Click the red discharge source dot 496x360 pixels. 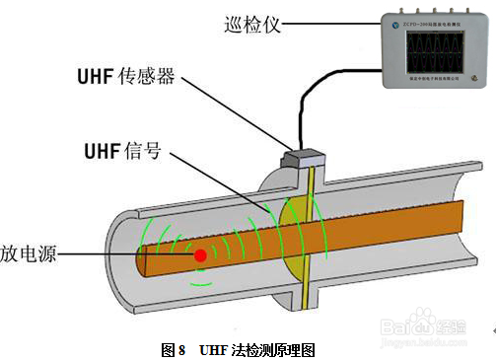click(201, 254)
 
